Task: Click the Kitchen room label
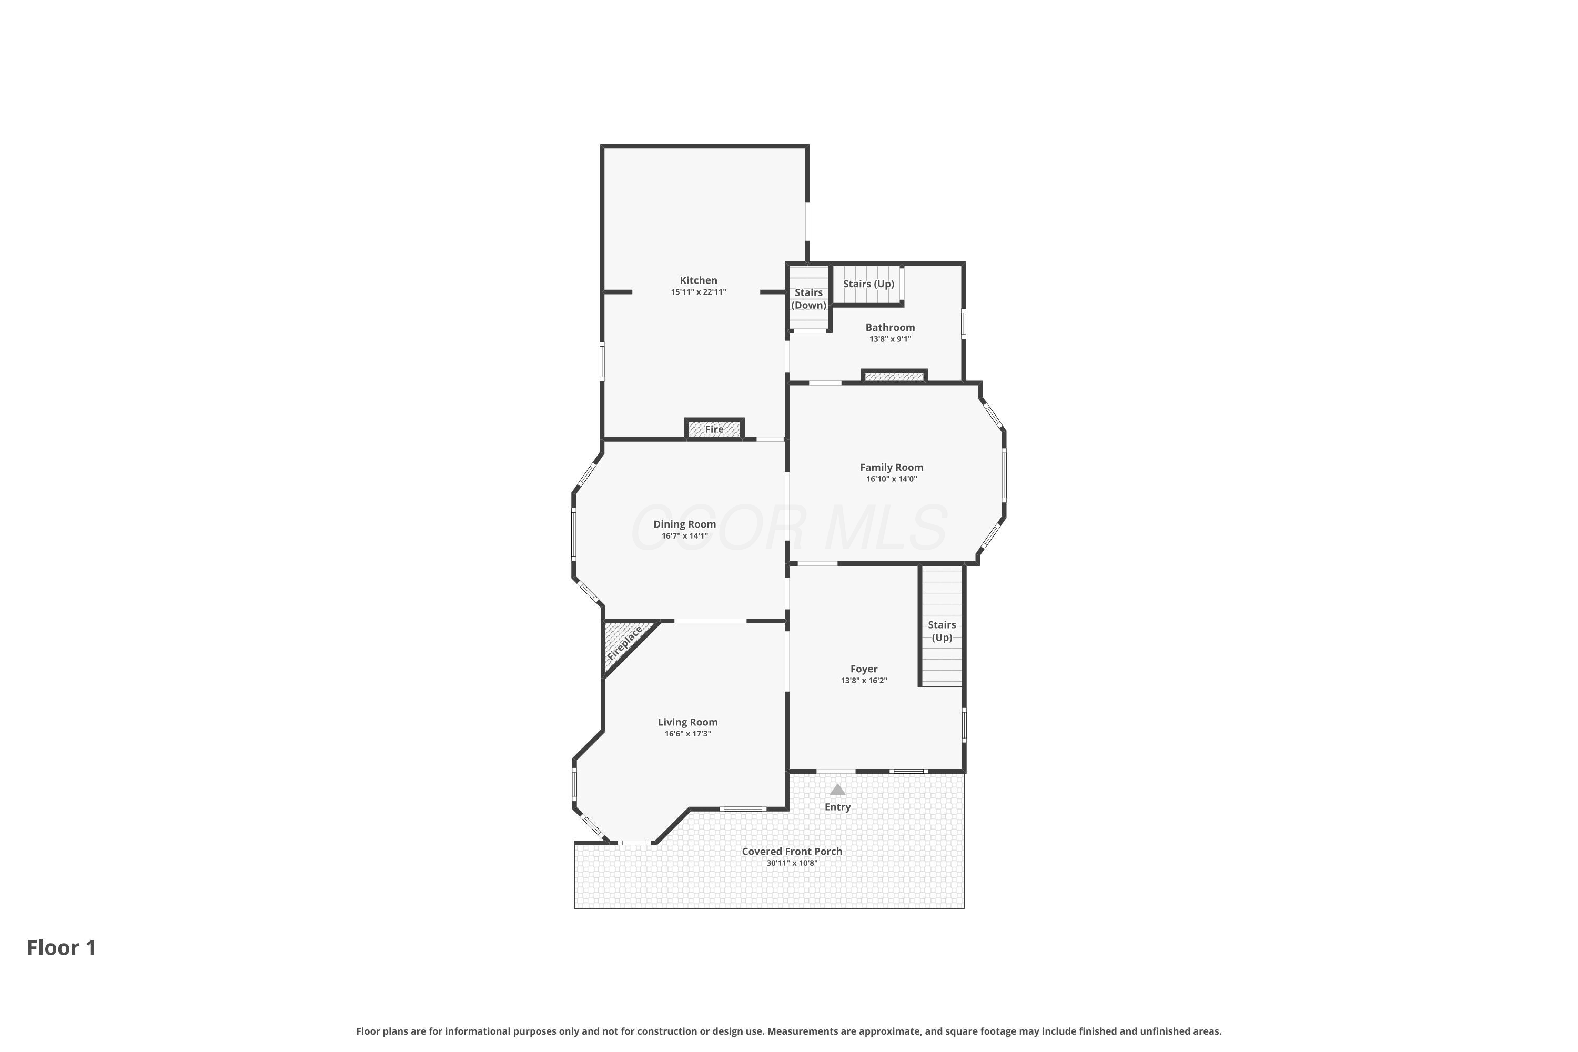tap(699, 280)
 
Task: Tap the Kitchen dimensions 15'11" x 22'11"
tap(699, 292)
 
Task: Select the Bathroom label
tap(891, 327)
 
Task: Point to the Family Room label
tap(892, 467)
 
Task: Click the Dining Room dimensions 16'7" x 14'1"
tap(685, 536)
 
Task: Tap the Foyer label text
tap(864, 669)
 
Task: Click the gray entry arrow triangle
tap(837, 790)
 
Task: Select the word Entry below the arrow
tap(837, 807)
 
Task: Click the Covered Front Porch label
tap(792, 852)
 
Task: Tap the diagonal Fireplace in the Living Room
tap(625, 642)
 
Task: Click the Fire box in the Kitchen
tap(714, 429)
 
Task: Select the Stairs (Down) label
tap(808, 299)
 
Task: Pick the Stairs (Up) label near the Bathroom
tap(869, 284)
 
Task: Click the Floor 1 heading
tap(62, 947)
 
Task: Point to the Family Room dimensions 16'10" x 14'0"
tap(892, 479)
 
